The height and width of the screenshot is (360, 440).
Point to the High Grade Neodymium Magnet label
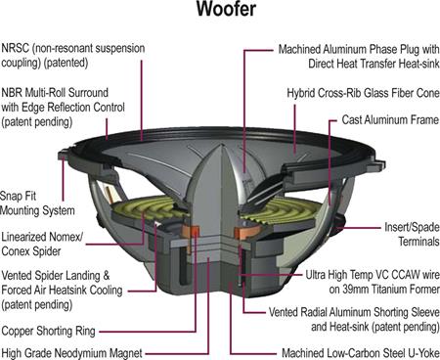click(x=71, y=352)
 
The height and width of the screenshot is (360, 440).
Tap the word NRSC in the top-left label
click(x=17, y=46)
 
